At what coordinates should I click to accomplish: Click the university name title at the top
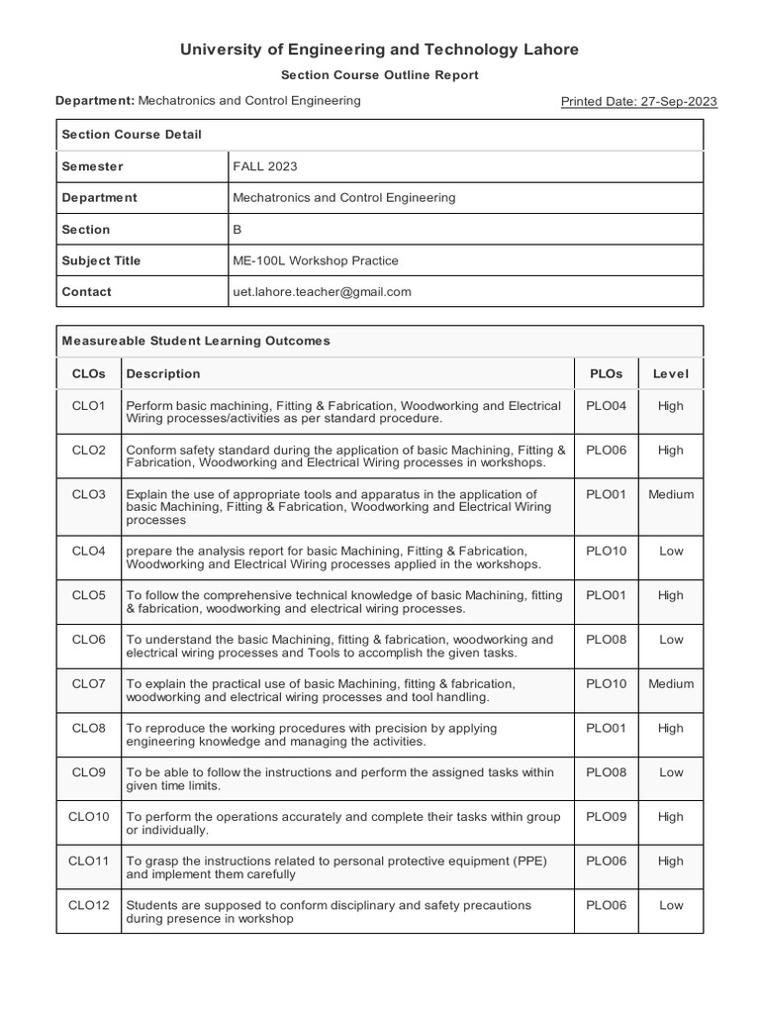point(379,50)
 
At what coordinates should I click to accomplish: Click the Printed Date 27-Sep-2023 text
point(639,101)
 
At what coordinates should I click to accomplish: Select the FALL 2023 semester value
point(264,166)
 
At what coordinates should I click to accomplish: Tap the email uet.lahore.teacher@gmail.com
point(322,292)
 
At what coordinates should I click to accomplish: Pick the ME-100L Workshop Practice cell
point(315,260)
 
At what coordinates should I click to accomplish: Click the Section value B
point(237,229)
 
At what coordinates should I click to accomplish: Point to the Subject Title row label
point(101,260)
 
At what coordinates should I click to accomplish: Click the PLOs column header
point(606,373)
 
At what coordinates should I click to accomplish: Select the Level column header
point(670,373)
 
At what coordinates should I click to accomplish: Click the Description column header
point(163,373)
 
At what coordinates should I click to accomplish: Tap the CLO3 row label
point(88,494)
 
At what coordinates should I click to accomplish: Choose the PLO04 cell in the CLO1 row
point(606,406)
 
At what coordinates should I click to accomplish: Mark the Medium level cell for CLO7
point(670,683)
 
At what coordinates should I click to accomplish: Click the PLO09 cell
point(606,817)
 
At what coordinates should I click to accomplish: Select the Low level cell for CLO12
point(670,905)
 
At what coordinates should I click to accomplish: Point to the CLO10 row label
point(88,817)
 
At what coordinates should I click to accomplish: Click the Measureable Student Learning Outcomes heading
point(196,341)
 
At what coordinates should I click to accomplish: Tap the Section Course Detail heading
point(132,135)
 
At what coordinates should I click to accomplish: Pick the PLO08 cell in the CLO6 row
point(606,640)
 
